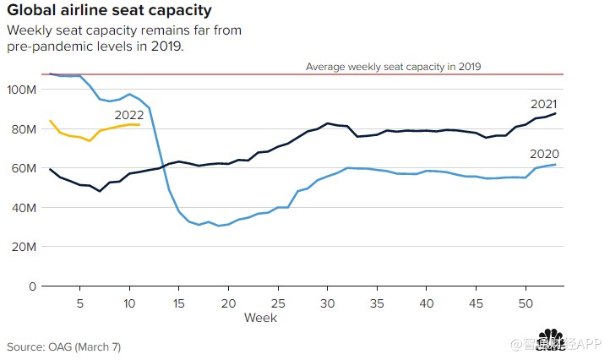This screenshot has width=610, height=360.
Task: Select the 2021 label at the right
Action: pyautogui.click(x=542, y=104)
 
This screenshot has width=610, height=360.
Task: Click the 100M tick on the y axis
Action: pyautogui.click(x=21, y=90)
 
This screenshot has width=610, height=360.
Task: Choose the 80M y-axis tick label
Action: pyautogui.click(x=24, y=129)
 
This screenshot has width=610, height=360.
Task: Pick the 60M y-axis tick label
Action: pyautogui.click(x=24, y=168)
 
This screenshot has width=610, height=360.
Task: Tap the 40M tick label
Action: pyautogui.click(x=24, y=208)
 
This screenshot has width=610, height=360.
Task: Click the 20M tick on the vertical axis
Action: pyautogui.click(x=24, y=247)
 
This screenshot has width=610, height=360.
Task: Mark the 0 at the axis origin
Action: pyautogui.click(x=33, y=286)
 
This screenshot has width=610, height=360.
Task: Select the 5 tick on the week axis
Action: pyautogui.click(x=79, y=303)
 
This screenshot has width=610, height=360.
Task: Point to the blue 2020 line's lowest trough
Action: pyautogui.click(x=219, y=226)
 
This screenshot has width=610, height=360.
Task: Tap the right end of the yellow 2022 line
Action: pyautogui.click(x=139, y=124)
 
